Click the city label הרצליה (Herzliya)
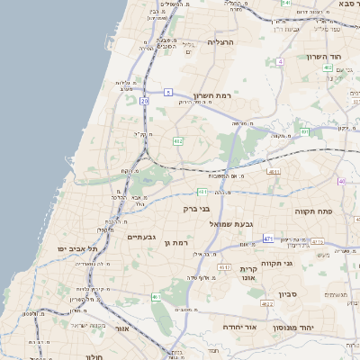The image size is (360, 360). [220, 41]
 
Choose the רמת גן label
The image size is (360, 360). [181, 243]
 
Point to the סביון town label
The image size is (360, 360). [287, 293]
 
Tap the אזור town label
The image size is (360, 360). [121, 329]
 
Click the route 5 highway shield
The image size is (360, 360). [167, 92]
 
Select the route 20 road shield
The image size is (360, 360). [144, 101]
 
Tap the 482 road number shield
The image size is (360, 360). [178, 140]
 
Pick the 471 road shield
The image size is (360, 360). [268, 238]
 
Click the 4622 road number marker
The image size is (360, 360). [267, 304]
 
